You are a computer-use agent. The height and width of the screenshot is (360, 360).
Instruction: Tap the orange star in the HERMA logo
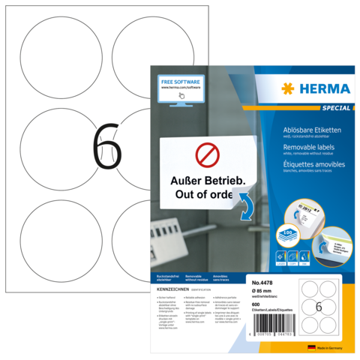click(x=287, y=89)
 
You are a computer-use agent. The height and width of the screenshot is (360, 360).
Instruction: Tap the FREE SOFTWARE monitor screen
click(x=180, y=87)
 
